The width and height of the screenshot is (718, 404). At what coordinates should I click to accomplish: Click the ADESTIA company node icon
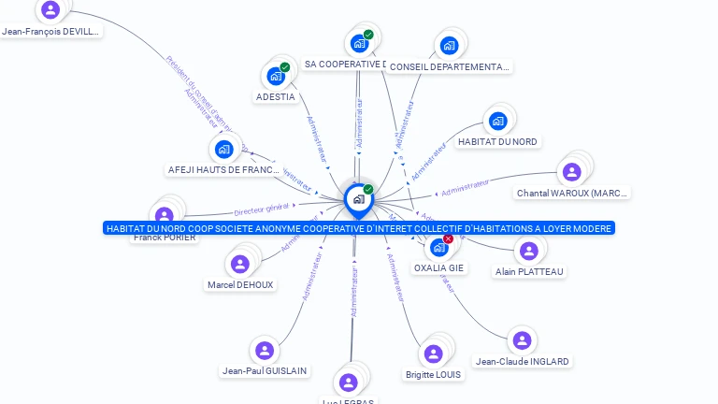pos(276,76)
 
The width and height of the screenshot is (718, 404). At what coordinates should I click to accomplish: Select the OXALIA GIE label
pos(438,268)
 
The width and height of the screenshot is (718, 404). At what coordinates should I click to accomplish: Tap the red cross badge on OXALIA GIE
pos(448,238)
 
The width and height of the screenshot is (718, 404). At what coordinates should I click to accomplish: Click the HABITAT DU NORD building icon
pos(498,121)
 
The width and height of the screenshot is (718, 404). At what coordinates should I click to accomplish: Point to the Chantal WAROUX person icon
pos(571,172)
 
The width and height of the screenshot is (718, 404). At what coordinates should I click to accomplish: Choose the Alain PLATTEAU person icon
pos(529,251)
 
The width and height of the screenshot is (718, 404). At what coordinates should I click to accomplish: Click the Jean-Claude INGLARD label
pos(522,362)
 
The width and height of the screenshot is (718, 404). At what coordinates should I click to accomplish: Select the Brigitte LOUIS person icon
pos(433,353)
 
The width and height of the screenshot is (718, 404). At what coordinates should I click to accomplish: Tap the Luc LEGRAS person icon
pos(349,382)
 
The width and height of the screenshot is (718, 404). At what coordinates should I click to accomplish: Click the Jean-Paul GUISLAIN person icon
pos(265,351)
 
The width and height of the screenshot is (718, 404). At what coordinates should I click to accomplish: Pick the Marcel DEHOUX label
pos(241,285)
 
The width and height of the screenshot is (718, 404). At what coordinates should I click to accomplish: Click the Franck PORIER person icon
pos(165,216)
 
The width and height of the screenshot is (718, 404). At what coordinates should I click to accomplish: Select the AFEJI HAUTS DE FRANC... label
pos(223,170)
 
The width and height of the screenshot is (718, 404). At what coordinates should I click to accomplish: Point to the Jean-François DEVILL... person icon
pos(50,10)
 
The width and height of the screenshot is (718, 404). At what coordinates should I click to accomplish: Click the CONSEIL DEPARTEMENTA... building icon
pos(449,46)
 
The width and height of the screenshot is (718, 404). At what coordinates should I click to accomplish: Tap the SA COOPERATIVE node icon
pos(359,43)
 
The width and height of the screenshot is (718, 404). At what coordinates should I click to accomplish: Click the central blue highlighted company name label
pos(359,228)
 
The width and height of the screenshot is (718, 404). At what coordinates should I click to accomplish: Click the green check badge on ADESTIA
pos(285,67)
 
